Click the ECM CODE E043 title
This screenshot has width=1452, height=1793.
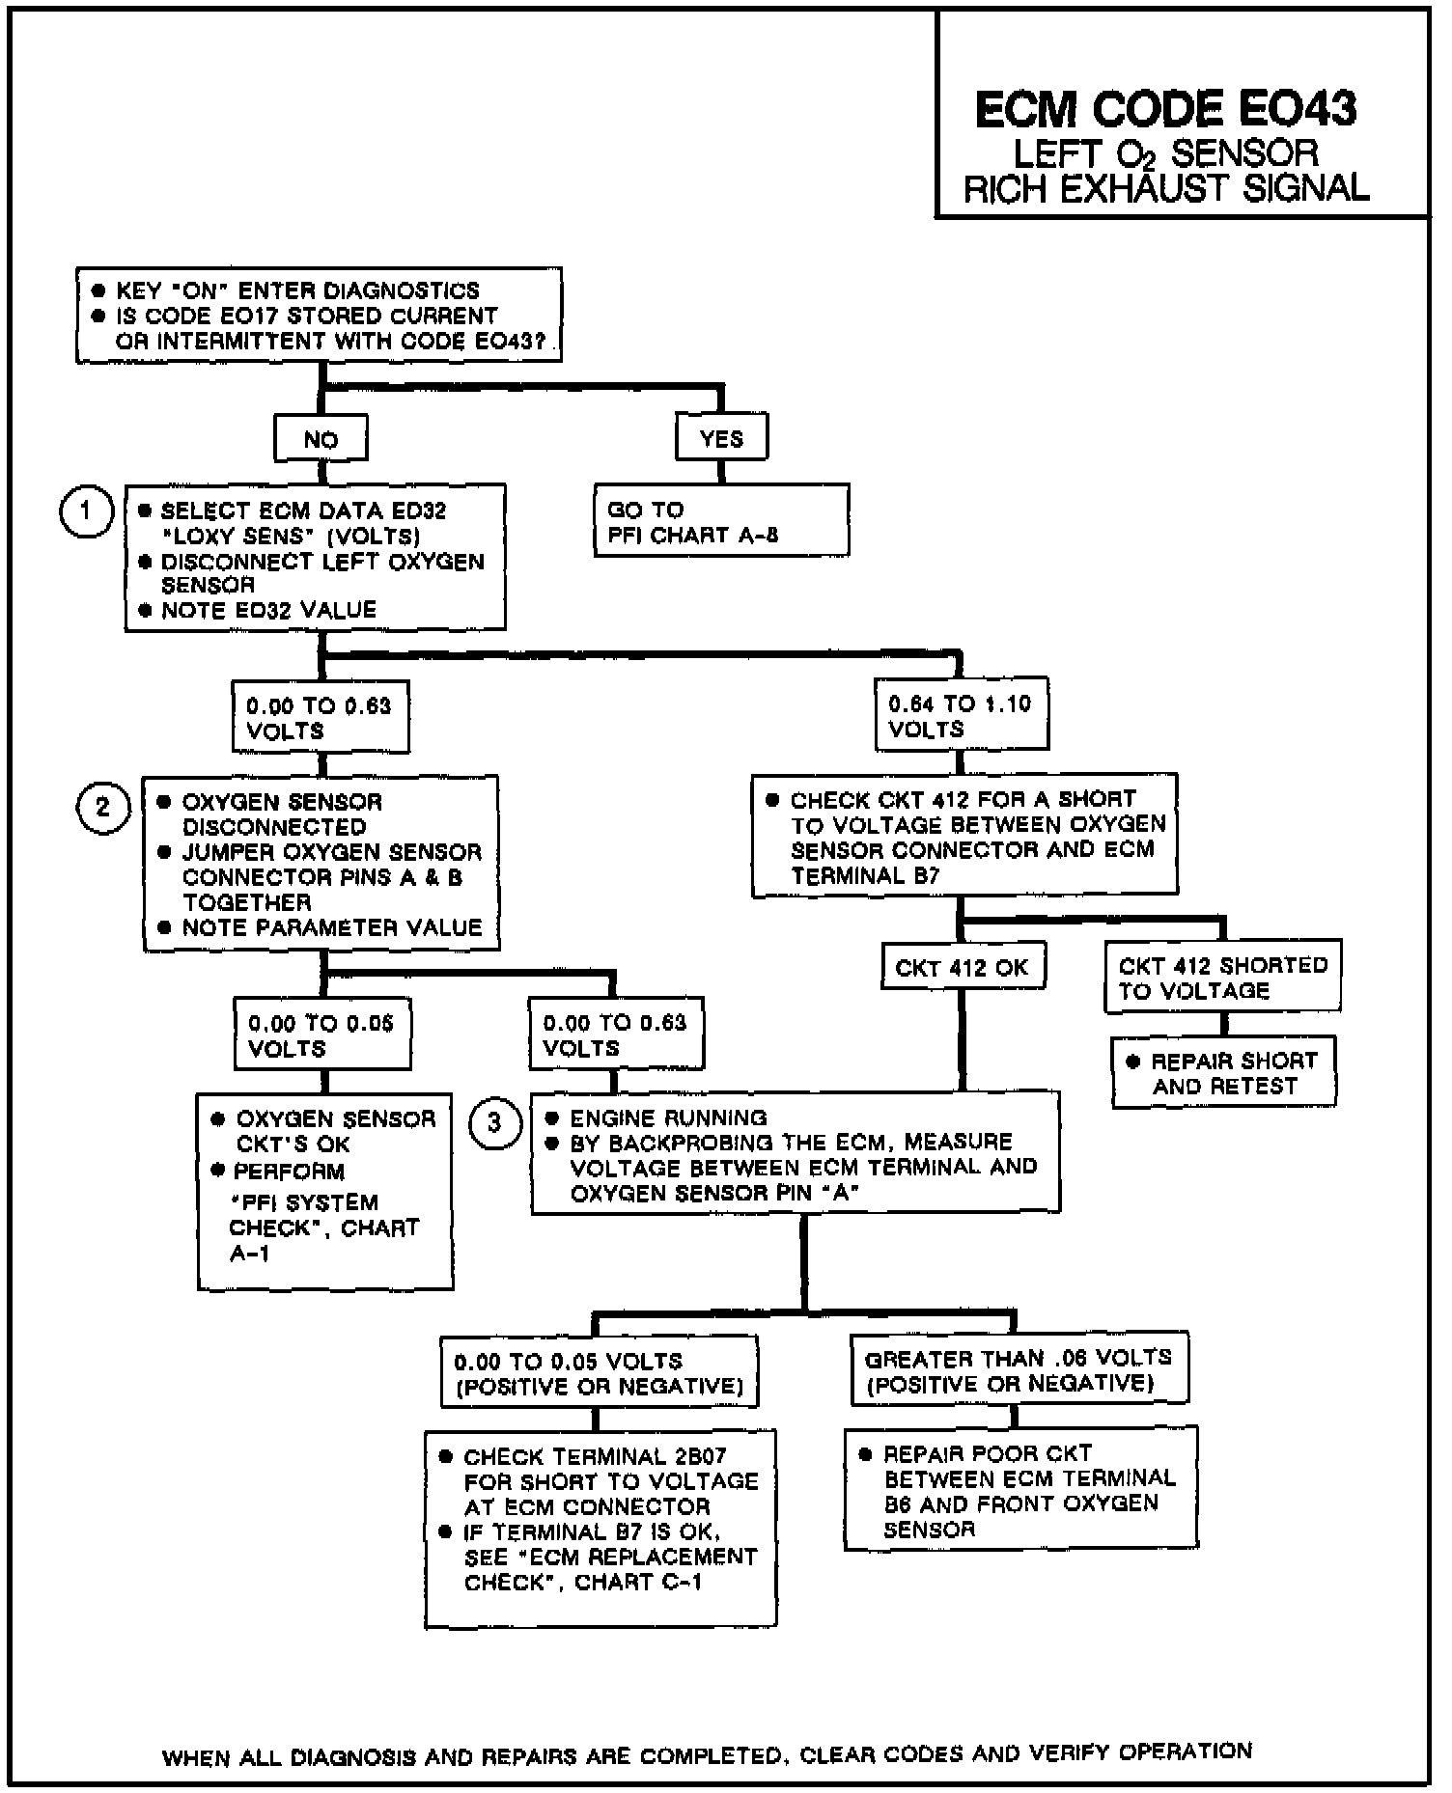pyautogui.click(x=1165, y=109)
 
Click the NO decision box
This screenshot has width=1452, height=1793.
pyautogui.click(x=321, y=440)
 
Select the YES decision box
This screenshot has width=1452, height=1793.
pyautogui.click(x=721, y=439)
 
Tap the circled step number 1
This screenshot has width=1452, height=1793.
pyautogui.click(x=86, y=510)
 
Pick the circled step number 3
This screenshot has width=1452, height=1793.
pyautogui.click(x=494, y=1123)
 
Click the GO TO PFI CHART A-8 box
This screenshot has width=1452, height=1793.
pyautogui.click(x=720, y=521)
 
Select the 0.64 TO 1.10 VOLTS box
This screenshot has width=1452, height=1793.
pyautogui.click(x=961, y=715)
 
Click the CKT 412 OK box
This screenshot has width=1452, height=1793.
pyautogui.click(x=962, y=967)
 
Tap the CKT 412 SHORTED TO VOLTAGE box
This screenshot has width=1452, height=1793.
pyautogui.click(x=1222, y=978)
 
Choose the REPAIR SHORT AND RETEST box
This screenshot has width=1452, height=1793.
pyautogui.click(x=1224, y=1073)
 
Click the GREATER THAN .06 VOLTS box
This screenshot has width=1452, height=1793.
pyautogui.click(x=1019, y=1370)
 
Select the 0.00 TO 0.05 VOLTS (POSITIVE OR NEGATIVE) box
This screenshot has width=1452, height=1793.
pyautogui.click(x=599, y=1373)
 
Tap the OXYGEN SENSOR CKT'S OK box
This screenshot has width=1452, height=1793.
pyautogui.click(x=324, y=1191)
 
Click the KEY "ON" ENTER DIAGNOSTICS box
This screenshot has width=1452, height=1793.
pyautogui.click(x=319, y=316)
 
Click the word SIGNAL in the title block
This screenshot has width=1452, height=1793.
pyautogui.click(x=1305, y=187)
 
